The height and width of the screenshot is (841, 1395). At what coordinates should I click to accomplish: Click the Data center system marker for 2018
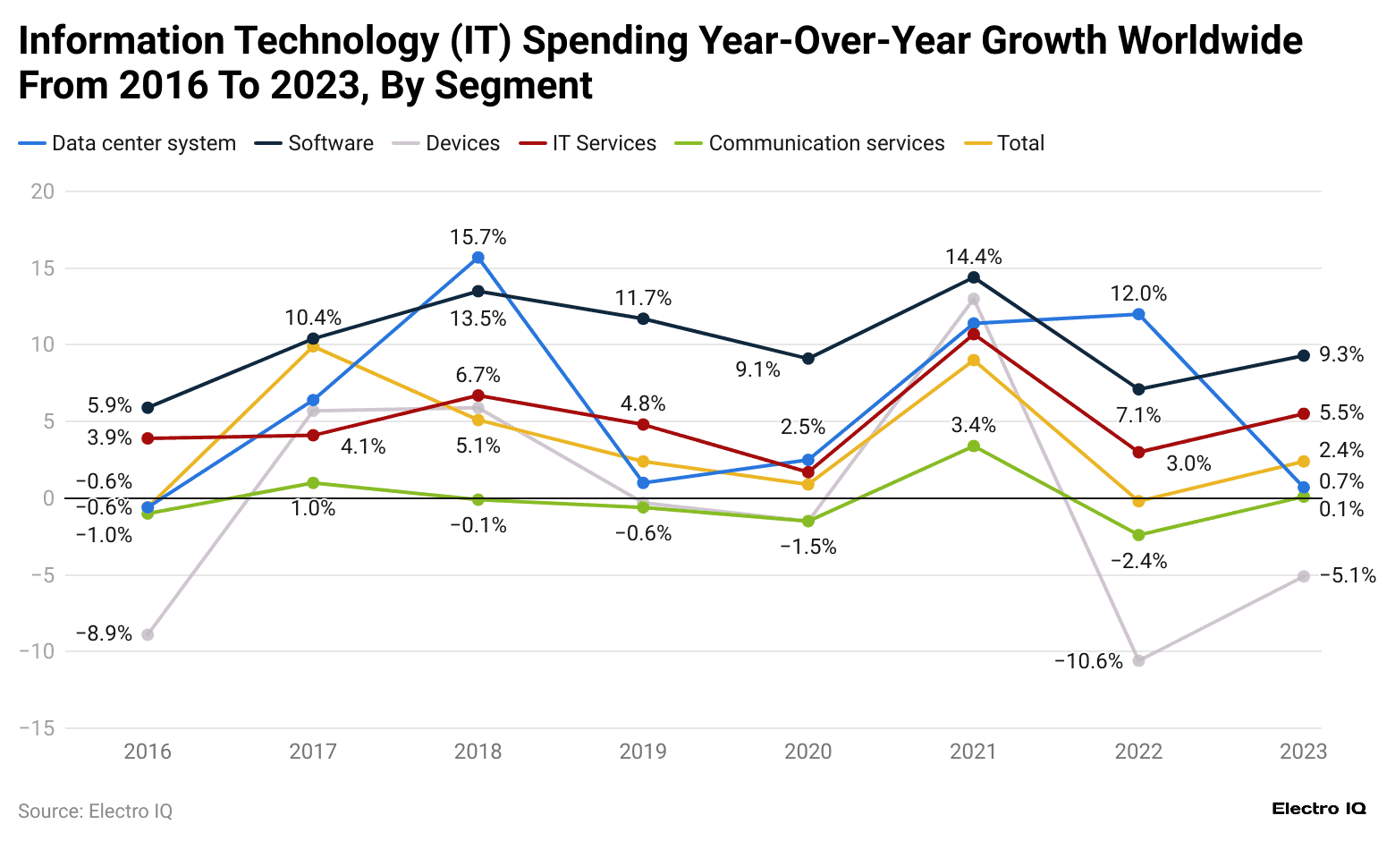tap(478, 258)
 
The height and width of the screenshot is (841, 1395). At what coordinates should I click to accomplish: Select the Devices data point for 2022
tap(1138, 660)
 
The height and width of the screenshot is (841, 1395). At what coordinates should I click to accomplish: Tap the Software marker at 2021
tap(973, 277)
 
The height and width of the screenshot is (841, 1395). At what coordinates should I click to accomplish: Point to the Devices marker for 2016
tap(148, 634)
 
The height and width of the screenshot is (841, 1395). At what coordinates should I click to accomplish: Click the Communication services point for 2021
tap(973, 446)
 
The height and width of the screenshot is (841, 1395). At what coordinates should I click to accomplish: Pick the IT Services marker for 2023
tap(1303, 413)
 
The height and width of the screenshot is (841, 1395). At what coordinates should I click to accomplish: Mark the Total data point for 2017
tap(313, 346)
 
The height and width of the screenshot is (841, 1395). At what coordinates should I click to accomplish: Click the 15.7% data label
tap(478, 237)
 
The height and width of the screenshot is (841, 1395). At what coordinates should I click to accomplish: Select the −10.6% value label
tap(1088, 661)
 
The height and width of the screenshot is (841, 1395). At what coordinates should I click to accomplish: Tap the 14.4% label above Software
tap(973, 257)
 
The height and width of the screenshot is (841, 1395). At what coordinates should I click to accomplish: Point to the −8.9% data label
tap(104, 633)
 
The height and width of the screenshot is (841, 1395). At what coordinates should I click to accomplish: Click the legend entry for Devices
tap(462, 143)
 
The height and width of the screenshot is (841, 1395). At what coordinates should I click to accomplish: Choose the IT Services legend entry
tap(604, 143)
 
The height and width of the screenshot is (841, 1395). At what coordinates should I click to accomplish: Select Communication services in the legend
tap(825, 143)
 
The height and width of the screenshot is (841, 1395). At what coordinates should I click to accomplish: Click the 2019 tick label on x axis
tap(643, 751)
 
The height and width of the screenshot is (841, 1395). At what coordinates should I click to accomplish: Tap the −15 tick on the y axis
tap(37, 728)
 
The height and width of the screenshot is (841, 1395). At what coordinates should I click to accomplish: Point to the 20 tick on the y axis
tap(42, 191)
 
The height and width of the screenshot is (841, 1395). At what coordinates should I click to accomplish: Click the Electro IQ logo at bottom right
tap(1318, 809)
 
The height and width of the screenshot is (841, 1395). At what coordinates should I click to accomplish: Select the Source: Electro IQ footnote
tap(95, 811)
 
